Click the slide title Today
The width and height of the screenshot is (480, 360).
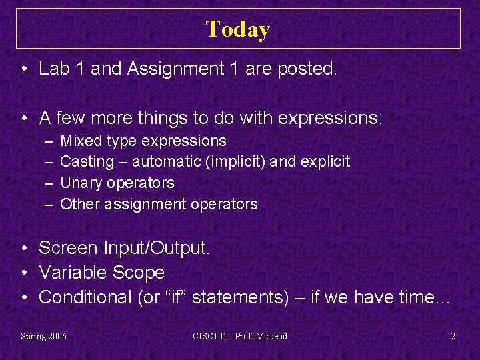click(x=238, y=29)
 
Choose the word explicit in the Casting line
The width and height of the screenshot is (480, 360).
click(x=327, y=162)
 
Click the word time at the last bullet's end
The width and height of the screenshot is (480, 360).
click(x=421, y=297)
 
